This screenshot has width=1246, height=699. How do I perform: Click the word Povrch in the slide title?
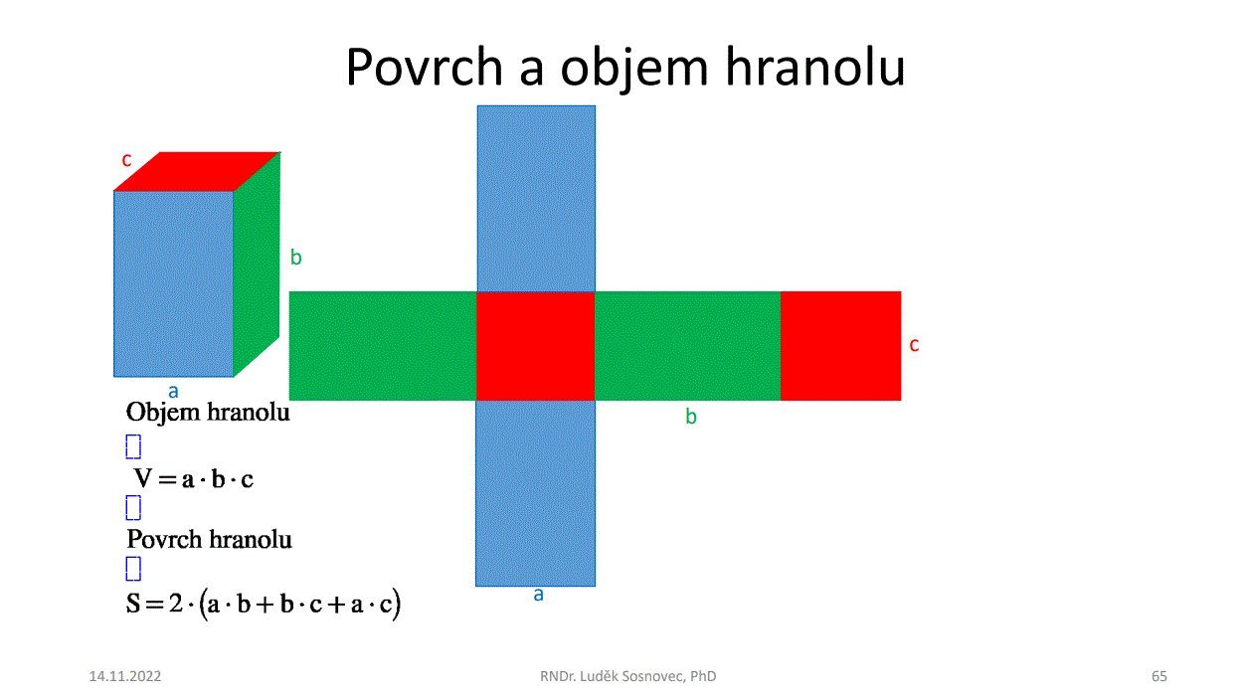tap(425, 68)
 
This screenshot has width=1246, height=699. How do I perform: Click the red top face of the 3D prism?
tap(197, 171)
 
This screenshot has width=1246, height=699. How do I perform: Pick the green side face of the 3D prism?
tap(257, 264)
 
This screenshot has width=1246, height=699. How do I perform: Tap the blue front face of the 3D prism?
tap(174, 283)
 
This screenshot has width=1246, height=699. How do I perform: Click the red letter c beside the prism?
tap(127, 160)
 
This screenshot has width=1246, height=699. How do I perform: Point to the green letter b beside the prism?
tap(296, 257)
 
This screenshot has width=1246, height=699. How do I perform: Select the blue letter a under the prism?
tap(174, 392)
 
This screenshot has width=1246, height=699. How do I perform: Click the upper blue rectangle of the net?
tap(536, 199)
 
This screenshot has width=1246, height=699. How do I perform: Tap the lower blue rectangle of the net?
tap(536, 493)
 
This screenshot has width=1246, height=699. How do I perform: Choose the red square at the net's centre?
tap(536, 346)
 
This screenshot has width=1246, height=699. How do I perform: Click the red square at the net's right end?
tap(841, 346)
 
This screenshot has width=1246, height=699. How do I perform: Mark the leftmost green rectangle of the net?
tap(383, 346)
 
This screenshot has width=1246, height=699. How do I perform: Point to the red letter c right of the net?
tap(914, 345)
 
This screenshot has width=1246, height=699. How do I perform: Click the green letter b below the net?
tap(691, 416)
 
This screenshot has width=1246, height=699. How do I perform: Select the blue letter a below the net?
tap(538, 595)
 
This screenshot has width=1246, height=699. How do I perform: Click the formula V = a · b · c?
tap(194, 479)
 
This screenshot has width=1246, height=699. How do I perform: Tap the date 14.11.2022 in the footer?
tap(125, 676)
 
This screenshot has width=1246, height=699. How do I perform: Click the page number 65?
tap(1159, 676)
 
